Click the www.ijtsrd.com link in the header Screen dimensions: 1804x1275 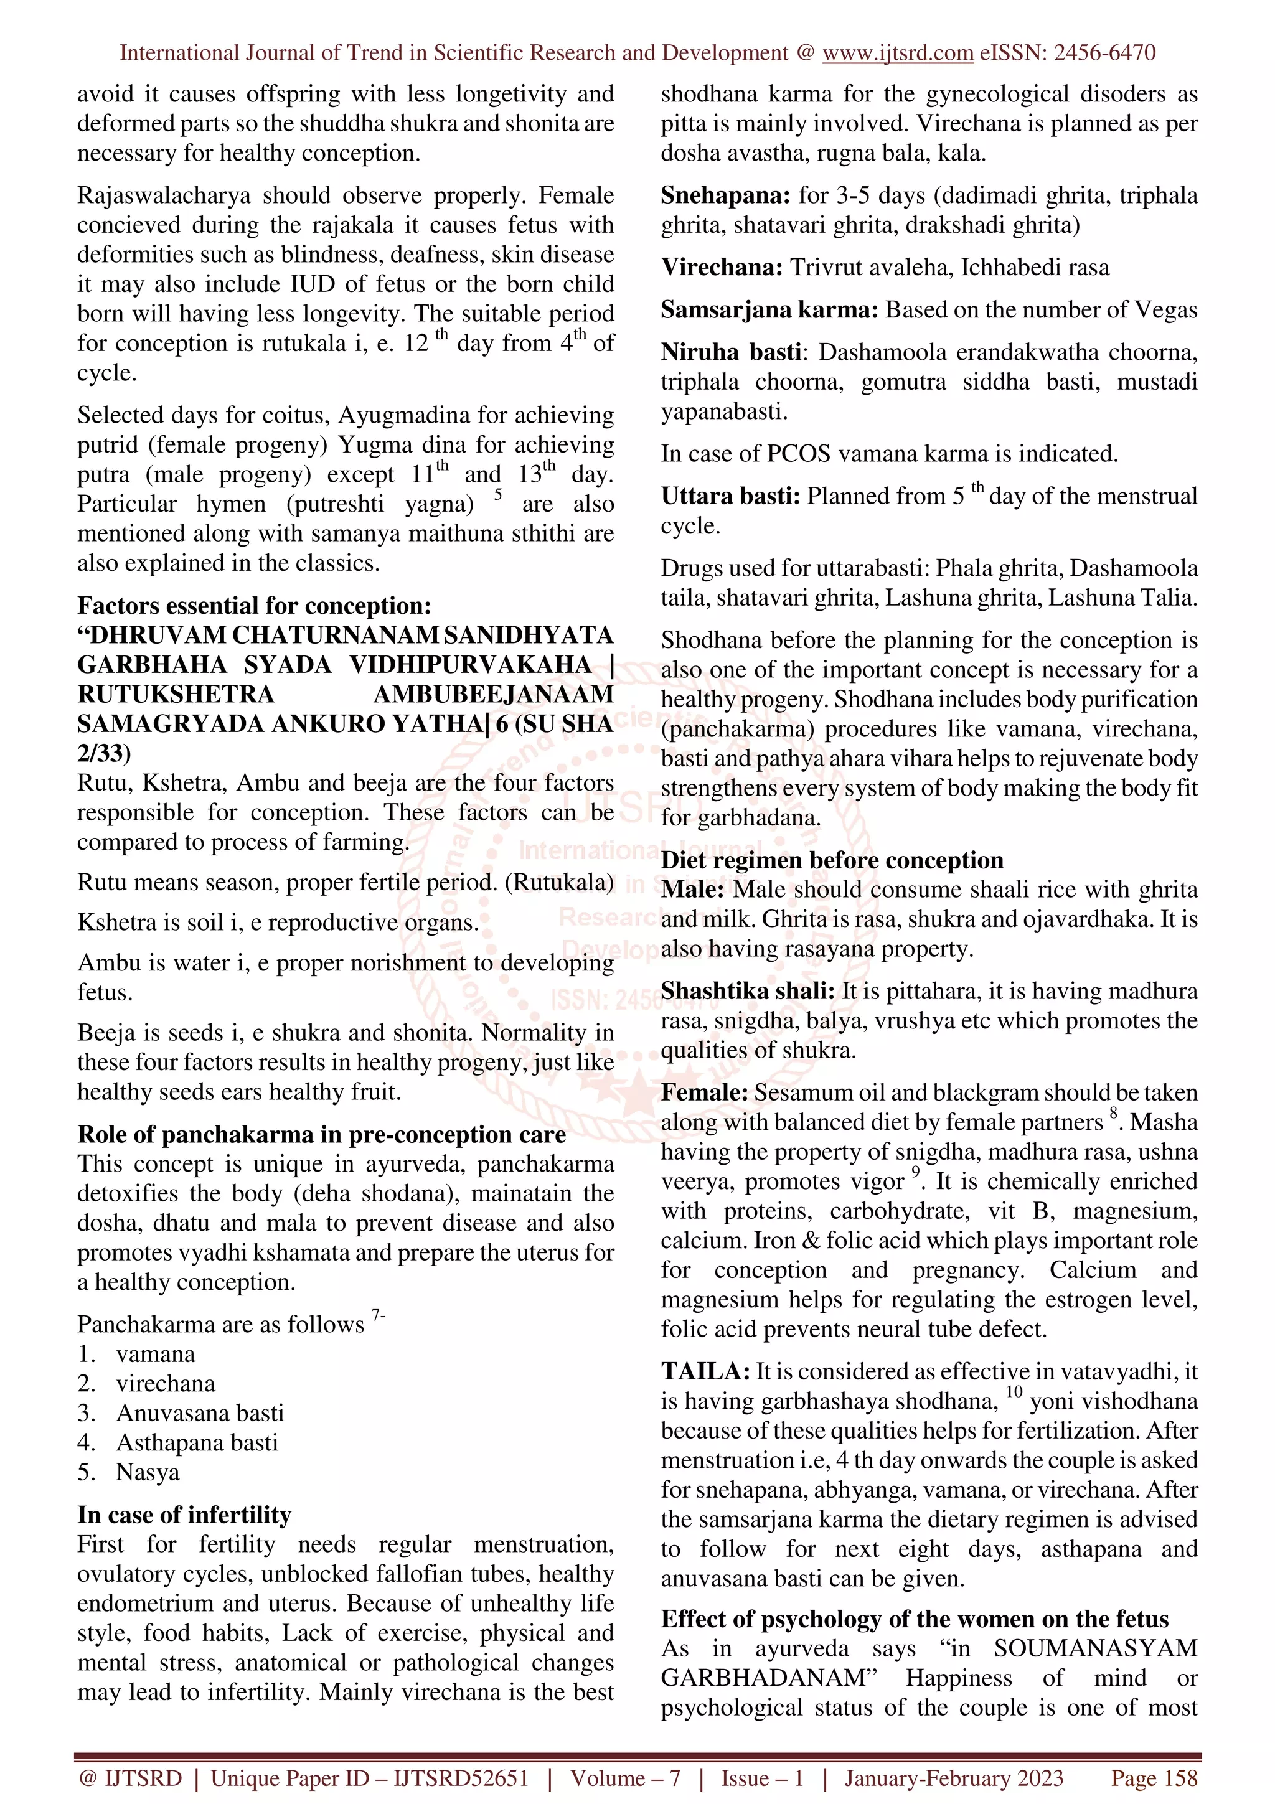point(897,53)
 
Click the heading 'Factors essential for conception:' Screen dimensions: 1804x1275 point(254,605)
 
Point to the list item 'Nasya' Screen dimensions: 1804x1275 point(148,1472)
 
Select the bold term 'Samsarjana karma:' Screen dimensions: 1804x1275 point(769,309)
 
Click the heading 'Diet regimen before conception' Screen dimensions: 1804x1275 point(831,860)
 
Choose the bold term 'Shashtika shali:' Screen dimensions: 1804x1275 point(747,992)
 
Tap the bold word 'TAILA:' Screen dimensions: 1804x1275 point(705,1371)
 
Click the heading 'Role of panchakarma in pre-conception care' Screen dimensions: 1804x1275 point(321,1135)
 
